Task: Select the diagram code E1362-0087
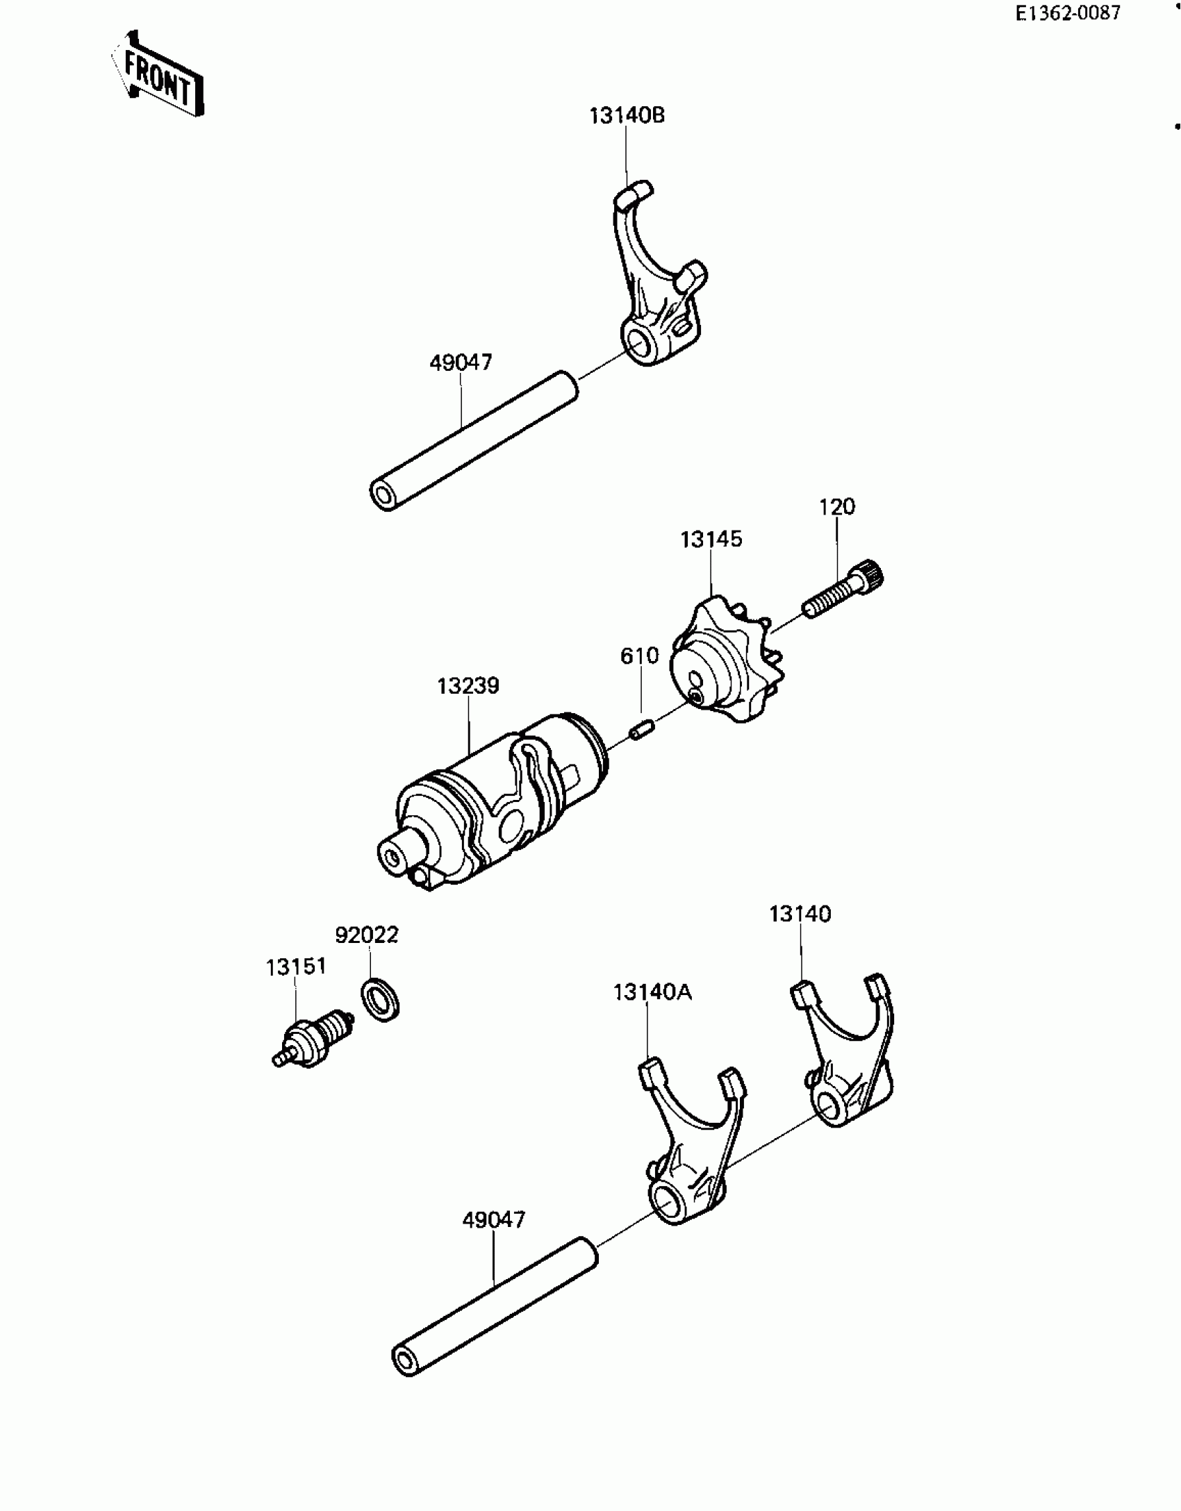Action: pyautogui.click(x=1068, y=13)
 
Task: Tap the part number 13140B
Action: pyautogui.click(x=627, y=115)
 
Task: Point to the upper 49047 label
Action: pyautogui.click(x=461, y=362)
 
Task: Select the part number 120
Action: pyautogui.click(x=836, y=507)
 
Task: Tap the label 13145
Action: pyautogui.click(x=711, y=540)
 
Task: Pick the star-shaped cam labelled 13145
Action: pyautogui.click(x=726, y=663)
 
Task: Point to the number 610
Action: pyautogui.click(x=639, y=656)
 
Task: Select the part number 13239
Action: pyautogui.click(x=468, y=686)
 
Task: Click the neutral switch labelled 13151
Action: pyautogui.click(x=313, y=1038)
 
